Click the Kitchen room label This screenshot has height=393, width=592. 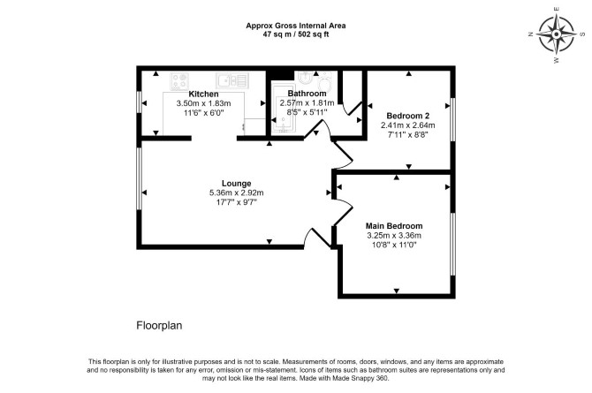[x=203, y=94]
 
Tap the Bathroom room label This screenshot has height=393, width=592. [x=307, y=94]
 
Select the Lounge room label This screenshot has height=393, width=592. [x=236, y=184]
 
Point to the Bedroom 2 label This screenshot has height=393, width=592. [x=407, y=116]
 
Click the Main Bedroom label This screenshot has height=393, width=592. [x=394, y=226]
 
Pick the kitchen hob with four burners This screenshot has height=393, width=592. [x=179, y=81]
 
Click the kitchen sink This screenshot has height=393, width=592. [x=232, y=80]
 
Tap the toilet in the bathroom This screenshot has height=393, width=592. [x=324, y=80]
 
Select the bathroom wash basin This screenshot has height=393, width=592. [x=304, y=78]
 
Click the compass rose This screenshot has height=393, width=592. [x=556, y=34]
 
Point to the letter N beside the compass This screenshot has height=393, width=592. [x=531, y=34]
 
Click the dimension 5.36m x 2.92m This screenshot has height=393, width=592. [x=236, y=193]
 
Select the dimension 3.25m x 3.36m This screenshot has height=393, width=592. [x=394, y=236]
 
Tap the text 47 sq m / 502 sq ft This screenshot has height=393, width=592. [x=296, y=34]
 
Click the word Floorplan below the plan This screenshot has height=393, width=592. [x=159, y=325]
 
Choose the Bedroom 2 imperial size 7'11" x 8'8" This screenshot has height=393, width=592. [x=407, y=134]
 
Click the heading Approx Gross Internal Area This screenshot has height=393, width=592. [x=296, y=26]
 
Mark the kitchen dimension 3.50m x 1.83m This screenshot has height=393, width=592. [x=203, y=103]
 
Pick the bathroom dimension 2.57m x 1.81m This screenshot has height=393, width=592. [x=307, y=102]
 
